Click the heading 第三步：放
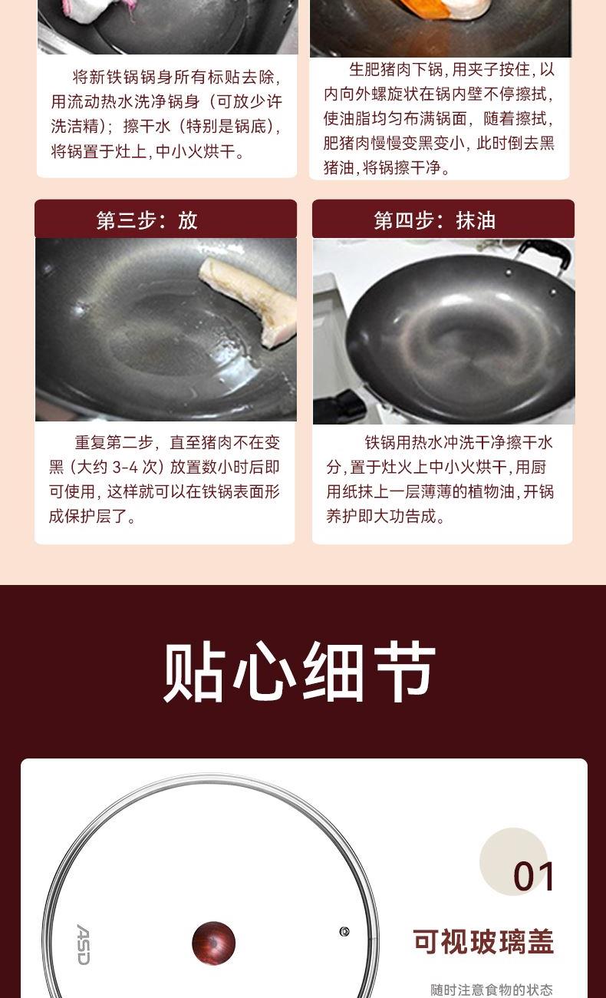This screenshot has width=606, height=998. click(x=147, y=220)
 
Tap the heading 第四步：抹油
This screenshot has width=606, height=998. click(x=434, y=220)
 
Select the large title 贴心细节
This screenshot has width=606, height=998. click(x=299, y=672)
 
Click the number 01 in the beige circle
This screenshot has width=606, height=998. click(x=533, y=877)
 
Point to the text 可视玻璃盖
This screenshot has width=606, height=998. click(x=483, y=942)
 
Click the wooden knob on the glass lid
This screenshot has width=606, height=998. click(x=214, y=943)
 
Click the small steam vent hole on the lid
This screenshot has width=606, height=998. click(x=344, y=932)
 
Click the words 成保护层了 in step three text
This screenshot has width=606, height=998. click(x=88, y=516)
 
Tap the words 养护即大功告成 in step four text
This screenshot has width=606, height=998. click(x=381, y=516)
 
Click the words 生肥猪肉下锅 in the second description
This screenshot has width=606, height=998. click(x=397, y=70)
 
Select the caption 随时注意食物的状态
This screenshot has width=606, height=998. click(x=492, y=990)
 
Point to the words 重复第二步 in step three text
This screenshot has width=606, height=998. click(x=114, y=442)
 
